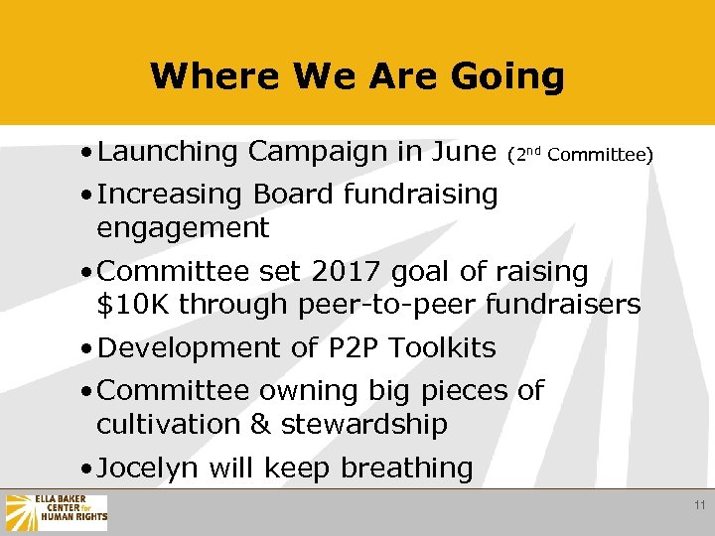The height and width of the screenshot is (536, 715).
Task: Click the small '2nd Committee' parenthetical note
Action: [x=579, y=154]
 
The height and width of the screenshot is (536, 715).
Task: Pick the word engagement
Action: [x=183, y=228]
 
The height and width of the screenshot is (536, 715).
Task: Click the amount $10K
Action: [x=130, y=305]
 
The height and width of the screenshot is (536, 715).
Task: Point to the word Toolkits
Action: [x=443, y=348]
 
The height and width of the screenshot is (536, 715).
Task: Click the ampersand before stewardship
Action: [x=260, y=425]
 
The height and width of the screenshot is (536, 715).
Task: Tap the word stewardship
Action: [x=364, y=425]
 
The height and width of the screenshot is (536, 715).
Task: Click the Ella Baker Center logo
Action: [x=56, y=512]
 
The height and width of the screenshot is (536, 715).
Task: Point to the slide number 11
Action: [x=699, y=506]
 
